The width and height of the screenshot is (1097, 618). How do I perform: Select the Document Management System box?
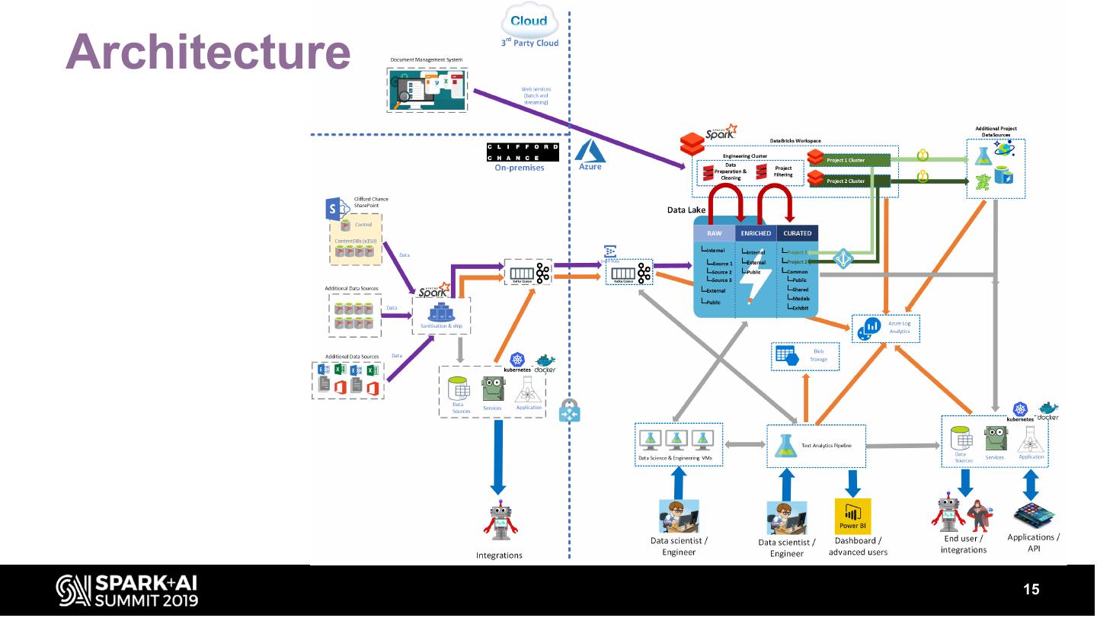point(427,90)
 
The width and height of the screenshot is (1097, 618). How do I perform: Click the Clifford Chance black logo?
point(523,152)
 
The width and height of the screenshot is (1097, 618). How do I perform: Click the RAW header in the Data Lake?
point(714,233)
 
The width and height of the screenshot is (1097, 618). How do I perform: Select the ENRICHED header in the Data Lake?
point(755,233)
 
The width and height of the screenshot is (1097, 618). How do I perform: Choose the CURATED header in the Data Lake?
point(797,233)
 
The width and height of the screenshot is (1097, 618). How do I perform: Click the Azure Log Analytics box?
point(885,328)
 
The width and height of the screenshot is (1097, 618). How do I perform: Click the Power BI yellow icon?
point(852,517)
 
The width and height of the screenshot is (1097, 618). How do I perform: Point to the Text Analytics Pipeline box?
point(816,446)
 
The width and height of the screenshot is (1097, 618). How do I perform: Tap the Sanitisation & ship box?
point(441,316)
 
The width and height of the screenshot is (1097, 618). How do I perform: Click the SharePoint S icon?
point(334,208)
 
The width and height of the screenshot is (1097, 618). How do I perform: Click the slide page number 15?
point(1031,589)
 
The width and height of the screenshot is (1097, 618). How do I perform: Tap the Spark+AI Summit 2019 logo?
point(127,590)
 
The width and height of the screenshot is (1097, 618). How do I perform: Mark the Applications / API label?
point(1033,543)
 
